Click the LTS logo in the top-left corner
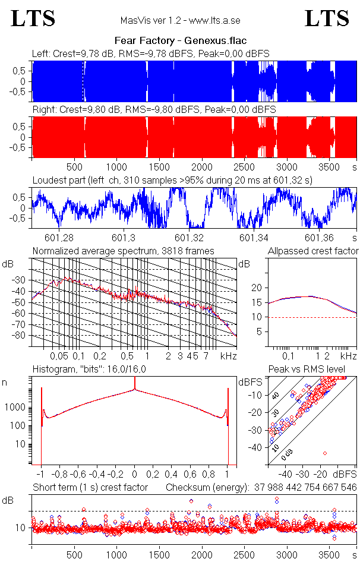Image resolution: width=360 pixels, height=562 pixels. (33, 18)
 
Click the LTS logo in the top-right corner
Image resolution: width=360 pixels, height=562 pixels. (327, 18)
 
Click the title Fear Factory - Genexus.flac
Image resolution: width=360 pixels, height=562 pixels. (180, 41)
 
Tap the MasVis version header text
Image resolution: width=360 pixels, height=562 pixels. (180, 21)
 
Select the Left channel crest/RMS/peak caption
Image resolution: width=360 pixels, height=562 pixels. (151, 53)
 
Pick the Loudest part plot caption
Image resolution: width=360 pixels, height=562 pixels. (172, 179)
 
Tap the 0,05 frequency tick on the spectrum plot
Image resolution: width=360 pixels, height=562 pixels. (59, 356)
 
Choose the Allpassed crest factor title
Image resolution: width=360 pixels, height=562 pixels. (313, 251)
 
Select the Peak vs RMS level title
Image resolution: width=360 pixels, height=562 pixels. (307, 370)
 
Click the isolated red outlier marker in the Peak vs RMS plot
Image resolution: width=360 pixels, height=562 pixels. (325, 453)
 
